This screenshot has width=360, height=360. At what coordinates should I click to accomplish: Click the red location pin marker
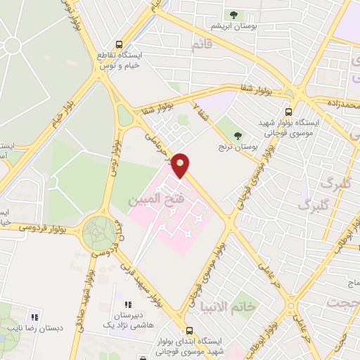point(181,164)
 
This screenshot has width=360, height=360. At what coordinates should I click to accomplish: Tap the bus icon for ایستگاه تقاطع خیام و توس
point(120,42)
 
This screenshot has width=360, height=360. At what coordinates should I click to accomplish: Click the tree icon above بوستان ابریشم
point(232,14)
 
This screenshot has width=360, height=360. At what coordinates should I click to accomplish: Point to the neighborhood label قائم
point(200,46)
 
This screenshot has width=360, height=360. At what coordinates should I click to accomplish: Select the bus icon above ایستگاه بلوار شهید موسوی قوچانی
point(288,111)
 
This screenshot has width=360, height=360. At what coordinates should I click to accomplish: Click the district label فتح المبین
point(150,200)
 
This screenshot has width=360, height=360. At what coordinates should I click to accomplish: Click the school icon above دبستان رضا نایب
point(34,316)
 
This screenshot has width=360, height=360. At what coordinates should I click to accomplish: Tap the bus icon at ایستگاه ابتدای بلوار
point(188,330)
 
